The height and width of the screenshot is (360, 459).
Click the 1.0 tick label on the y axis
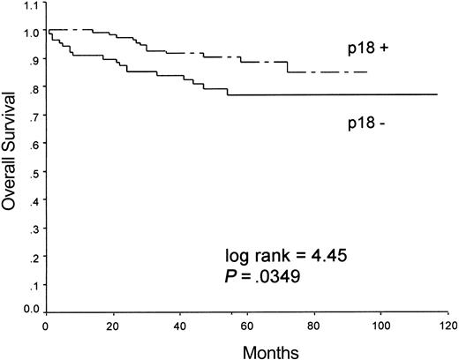[x=32, y=32]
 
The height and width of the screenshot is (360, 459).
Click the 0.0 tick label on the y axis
[x=32, y=310]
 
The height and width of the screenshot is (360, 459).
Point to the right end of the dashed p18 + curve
[x=367, y=72]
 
